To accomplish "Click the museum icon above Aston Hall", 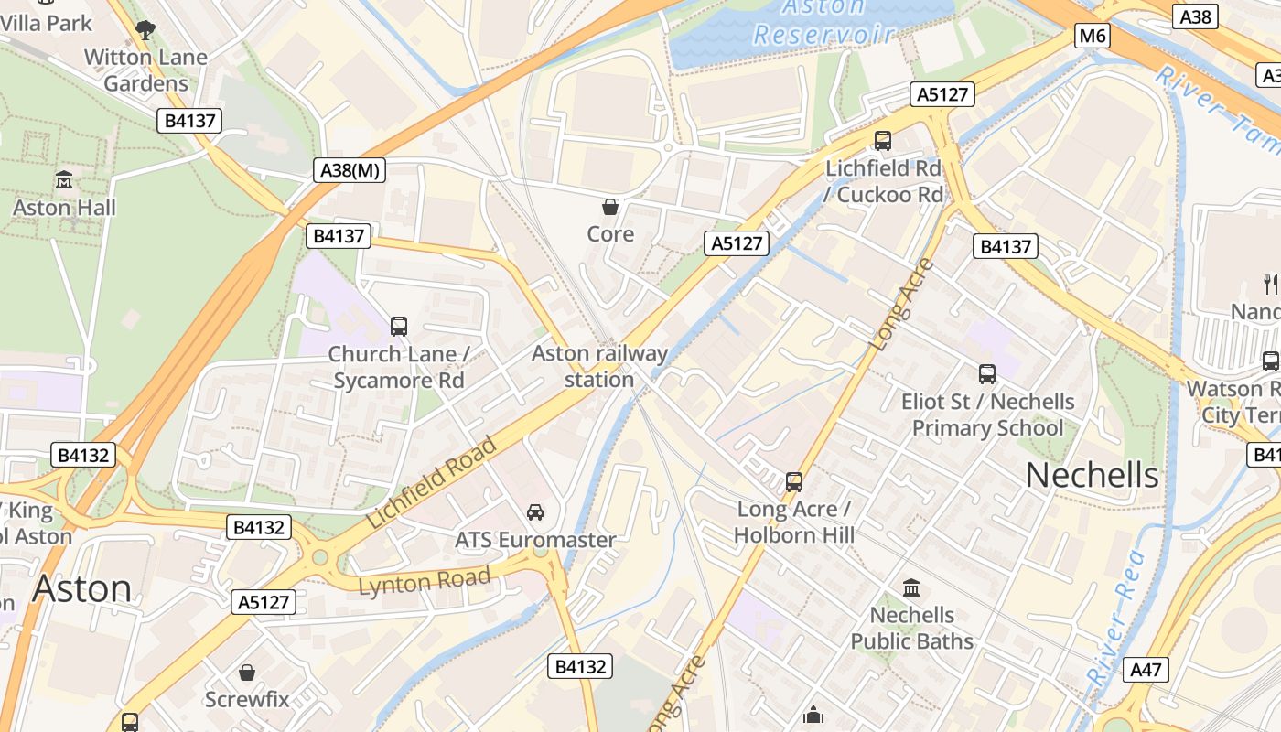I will click(63, 179).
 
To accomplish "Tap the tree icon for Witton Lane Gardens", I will click(145, 30).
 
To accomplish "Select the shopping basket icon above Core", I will click(610, 207).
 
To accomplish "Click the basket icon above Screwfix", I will click(246, 673).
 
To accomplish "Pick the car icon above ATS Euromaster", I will click(535, 512).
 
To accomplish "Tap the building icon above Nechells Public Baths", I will click(911, 587).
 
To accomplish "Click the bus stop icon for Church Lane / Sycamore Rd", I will click(398, 326).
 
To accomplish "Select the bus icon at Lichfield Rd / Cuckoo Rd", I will click(882, 141).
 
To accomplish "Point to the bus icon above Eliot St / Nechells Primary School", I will click(986, 373).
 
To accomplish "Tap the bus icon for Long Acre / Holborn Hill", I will click(793, 481).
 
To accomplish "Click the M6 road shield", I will click(1093, 37).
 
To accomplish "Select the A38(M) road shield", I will click(351, 169).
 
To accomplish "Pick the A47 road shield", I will click(1146, 670).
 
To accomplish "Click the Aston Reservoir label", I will click(823, 22).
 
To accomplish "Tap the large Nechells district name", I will click(1092, 475).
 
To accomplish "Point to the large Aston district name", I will click(81, 588).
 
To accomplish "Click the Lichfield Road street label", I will click(432, 482).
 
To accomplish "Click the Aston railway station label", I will click(599, 366).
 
